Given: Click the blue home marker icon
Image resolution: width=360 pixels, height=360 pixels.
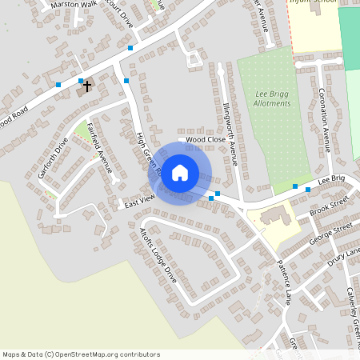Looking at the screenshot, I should point(180,172).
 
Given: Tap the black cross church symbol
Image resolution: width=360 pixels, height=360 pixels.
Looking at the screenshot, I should point(87,85).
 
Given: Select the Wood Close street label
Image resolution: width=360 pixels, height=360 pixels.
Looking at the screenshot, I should point(206,139).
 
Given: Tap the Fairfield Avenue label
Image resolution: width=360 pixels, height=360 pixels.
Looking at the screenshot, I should point(99,148).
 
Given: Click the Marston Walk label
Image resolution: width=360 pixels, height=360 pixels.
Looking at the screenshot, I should point(72,4).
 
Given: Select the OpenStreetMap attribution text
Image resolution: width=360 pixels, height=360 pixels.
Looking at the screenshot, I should point(81,354).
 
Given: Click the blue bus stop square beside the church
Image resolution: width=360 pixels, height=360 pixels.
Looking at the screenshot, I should point(81,80).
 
